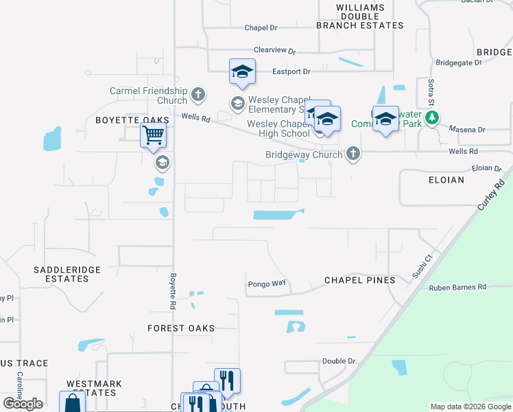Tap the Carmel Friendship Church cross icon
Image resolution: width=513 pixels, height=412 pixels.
point(198,94)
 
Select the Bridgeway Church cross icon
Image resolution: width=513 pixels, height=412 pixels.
point(353,153)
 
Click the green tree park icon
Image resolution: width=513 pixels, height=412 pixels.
point(432,118)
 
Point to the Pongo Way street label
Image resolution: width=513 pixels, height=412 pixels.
point(266,283)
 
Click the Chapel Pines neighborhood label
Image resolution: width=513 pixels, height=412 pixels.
point(359,280)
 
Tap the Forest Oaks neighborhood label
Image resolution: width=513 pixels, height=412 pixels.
point(181,328)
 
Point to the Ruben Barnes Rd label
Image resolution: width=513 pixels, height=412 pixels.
point(457,287)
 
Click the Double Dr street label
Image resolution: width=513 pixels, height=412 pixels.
point(339,361)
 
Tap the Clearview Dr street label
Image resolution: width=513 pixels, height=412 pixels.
point(274,51)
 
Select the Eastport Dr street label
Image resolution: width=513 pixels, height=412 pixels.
point(291,71)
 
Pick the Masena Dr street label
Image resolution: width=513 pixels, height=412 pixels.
point(466,129)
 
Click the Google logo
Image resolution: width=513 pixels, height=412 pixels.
point(23,404)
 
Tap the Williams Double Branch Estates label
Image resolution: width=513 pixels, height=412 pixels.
point(360,16)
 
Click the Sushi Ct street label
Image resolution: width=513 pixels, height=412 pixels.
point(420,266)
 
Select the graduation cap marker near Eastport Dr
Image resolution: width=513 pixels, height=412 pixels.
point(242,72)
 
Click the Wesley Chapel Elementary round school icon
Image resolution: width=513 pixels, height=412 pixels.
point(238,104)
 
